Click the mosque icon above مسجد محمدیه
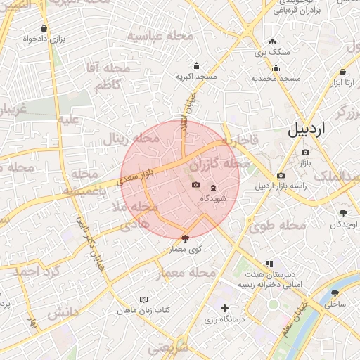[x=276, y=68]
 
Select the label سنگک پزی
[x=268, y=53]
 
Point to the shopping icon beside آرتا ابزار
[x=342, y=72]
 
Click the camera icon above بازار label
[x=304, y=153]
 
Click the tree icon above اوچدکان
[x=343, y=213]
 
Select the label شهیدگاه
[x=212, y=199]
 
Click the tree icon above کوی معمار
[x=185, y=238]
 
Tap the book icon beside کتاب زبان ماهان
[x=144, y=299]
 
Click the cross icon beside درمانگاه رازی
[x=224, y=308]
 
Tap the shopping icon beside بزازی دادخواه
[x=45, y=29]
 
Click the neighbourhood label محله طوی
[x=277, y=226]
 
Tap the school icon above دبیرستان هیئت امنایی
[x=269, y=264]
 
